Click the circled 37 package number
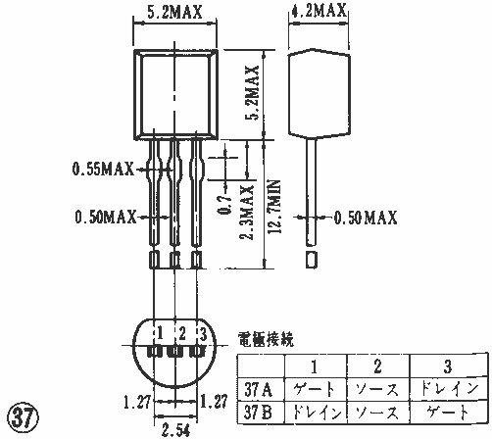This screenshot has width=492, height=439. coord(23,416)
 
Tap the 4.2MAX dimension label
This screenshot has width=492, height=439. coord(319,11)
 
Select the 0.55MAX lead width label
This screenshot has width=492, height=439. coord(103,169)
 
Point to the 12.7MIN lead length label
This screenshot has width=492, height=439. coord(274,207)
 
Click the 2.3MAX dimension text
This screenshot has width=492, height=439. coord(247,213)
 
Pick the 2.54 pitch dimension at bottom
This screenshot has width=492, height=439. coord(175,430)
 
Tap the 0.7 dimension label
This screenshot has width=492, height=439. coord(224,205)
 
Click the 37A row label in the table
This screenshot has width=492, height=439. coord(259,389)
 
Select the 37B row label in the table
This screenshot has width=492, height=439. coord(258,413)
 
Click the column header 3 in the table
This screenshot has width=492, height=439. coord(448,366)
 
